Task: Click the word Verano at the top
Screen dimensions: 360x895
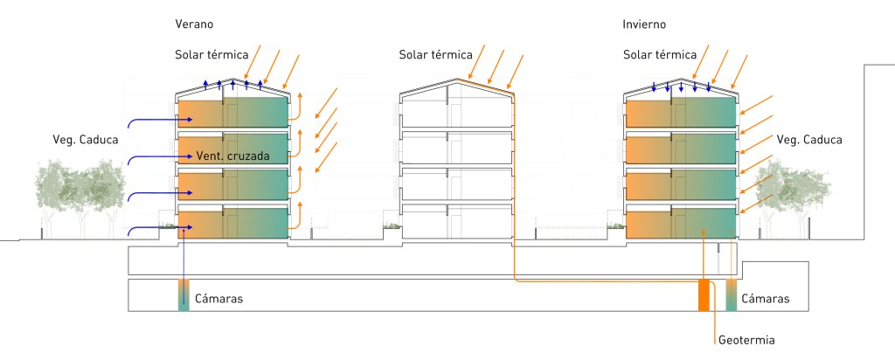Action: click(194, 24)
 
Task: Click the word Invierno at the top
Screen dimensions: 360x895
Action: click(645, 24)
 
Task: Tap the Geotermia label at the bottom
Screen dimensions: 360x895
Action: click(746, 339)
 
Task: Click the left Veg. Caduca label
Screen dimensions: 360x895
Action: click(85, 138)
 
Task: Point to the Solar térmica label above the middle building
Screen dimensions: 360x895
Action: click(429, 54)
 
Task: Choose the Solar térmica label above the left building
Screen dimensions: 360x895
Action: click(205, 54)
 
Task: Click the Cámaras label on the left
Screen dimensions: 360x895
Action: click(219, 299)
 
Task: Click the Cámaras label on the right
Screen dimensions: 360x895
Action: click(765, 299)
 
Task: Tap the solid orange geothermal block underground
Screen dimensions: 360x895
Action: click(704, 295)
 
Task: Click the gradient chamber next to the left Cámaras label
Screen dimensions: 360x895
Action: click(184, 295)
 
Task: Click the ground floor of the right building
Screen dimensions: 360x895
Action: click(680, 224)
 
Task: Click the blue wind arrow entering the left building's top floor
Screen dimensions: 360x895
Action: click(153, 119)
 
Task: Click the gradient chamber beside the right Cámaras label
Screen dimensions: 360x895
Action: click(732, 295)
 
